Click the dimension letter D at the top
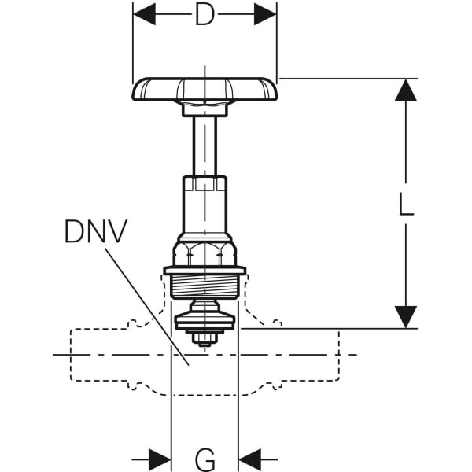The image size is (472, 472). click(205, 14)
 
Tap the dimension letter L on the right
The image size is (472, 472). click(405, 204)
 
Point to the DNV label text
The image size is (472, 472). click(95, 231)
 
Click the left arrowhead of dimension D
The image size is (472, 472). click(144, 13)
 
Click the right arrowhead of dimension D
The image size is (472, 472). click(265, 13)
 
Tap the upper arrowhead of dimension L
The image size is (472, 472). click(405, 90)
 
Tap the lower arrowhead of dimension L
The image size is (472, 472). click(405, 317)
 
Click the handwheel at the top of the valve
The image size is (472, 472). click(205, 89)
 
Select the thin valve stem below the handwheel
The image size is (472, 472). click(205, 146)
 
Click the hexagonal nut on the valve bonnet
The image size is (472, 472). click(205, 252)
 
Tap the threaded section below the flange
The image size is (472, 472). click(205, 286)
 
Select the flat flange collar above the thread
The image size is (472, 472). click(205, 271)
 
